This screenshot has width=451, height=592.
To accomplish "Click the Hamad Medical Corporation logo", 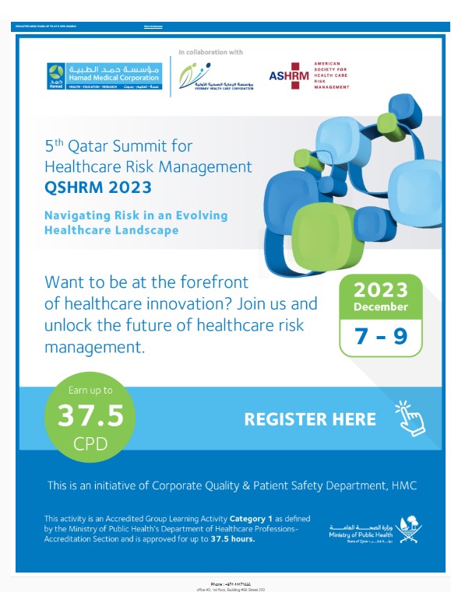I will pos(91,75).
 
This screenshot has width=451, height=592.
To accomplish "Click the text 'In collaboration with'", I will pos(210,52).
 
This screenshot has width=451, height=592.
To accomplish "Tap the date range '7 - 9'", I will pos(381,335).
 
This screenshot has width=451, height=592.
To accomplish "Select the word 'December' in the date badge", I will pos(381,307).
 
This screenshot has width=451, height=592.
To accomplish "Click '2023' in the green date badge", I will pos(381,290).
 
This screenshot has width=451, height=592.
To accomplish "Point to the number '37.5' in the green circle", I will pos(90,416).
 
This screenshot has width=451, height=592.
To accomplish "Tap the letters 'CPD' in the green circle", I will pos(90,446).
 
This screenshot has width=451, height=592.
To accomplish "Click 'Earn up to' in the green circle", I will pos(90,391).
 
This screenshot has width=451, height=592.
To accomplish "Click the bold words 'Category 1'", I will pos(249,518).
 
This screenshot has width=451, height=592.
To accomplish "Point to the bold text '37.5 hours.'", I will pos(227,538).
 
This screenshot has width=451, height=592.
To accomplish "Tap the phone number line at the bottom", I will pos(227,583).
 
